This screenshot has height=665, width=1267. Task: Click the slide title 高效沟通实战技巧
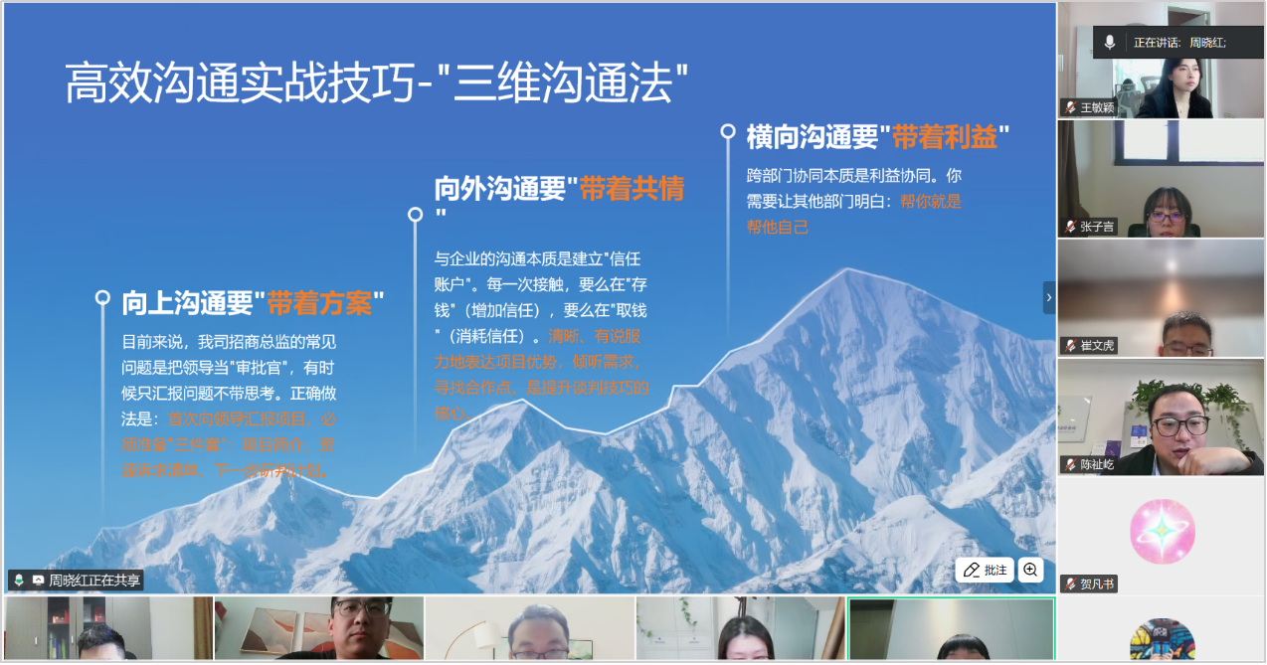click(239, 83)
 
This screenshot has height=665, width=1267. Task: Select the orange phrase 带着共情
click(632, 189)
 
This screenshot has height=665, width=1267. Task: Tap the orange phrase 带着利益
click(945, 137)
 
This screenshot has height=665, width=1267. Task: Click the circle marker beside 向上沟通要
click(101, 297)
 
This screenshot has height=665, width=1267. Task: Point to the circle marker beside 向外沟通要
click(415, 214)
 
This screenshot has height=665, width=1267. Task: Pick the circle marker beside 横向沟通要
click(728, 130)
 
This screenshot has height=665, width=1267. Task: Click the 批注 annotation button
click(985, 570)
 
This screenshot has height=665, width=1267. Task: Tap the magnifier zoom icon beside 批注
click(1030, 570)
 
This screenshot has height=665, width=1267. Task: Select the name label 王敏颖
click(1097, 107)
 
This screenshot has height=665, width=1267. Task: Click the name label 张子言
click(1097, 227)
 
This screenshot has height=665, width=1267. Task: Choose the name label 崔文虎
click(1097, 346)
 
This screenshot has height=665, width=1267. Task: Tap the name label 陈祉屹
click(1097, 464)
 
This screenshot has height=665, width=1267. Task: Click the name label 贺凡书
click(1097, 583)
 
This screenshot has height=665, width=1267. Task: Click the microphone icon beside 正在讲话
click(1110, 43)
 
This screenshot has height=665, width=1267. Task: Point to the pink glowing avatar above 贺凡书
click(1162, 531)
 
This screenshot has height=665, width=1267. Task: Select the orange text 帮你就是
click(931, 202)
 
